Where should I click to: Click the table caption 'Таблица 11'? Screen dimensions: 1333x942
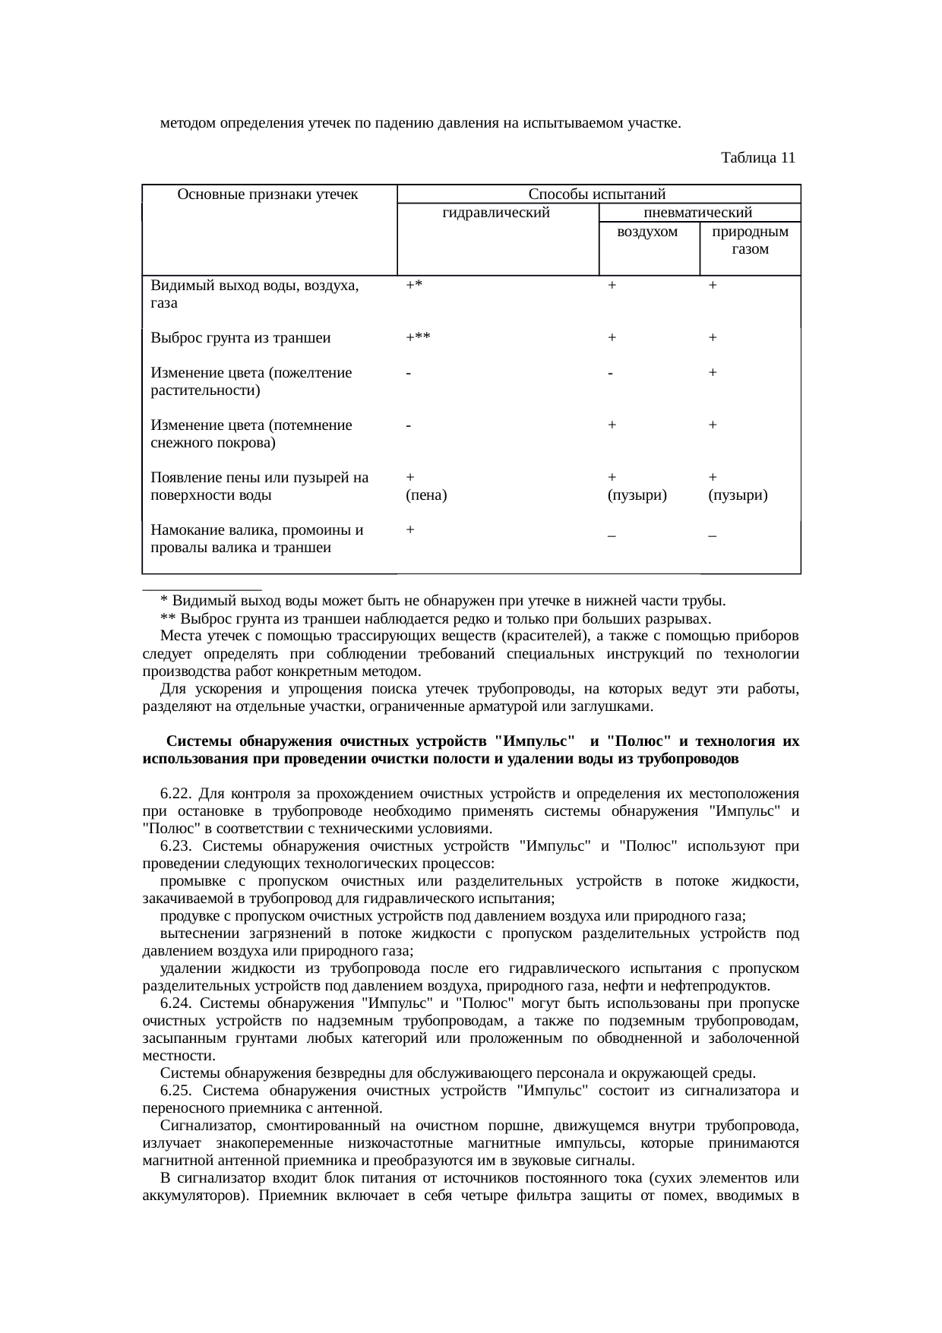tap(757, 158)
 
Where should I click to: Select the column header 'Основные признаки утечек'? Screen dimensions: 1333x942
tap(267, 194)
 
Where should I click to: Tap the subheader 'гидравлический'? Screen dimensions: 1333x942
tap(495, 213)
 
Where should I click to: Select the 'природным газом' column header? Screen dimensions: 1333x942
tap(750, 239)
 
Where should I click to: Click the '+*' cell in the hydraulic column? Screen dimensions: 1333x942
tap(414, 285)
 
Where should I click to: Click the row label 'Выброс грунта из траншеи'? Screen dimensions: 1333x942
tap(241, 338)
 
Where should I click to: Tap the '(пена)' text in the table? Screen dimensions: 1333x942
tap(426, 496)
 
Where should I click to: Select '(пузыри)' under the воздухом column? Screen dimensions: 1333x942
tap(637, 496)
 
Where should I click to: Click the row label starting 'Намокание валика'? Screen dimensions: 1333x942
tap(257, 530)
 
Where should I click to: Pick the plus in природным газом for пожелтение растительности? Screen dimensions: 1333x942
tap(713, 373)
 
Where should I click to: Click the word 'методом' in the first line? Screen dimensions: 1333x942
tap(188, 122)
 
